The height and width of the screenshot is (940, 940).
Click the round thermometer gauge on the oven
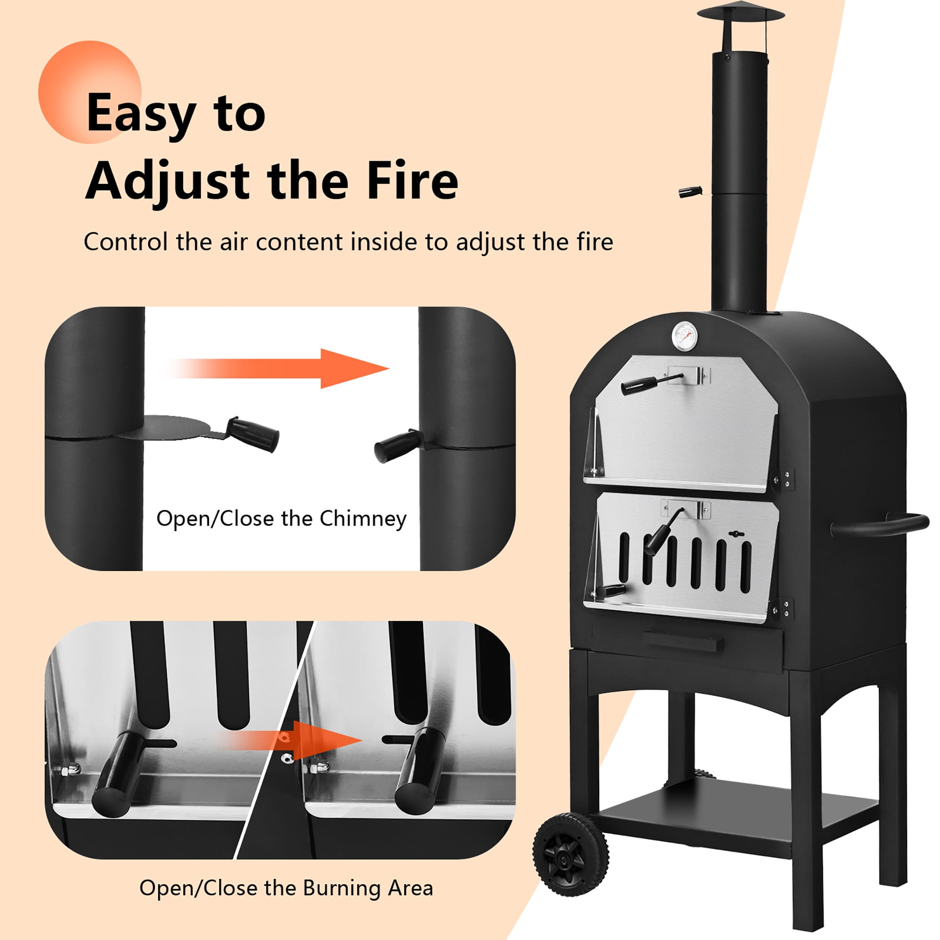pyautogui.click(x=686, y=335)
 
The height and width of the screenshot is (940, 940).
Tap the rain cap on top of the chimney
pyautogui.click(x=740, y=14)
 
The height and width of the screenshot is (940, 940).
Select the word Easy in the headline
pyautogui.click(x=141, y=113)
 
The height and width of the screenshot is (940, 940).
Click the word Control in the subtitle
pyautogui.click(x=125, y=242)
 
